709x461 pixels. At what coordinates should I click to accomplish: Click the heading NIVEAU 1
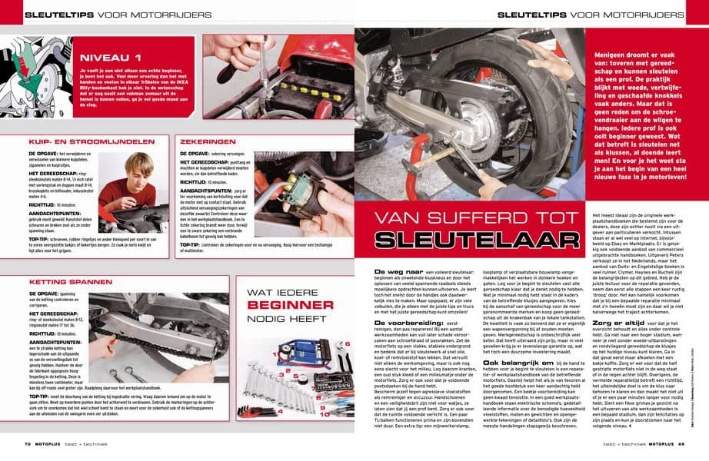pyautogui.click(x=112, y=57)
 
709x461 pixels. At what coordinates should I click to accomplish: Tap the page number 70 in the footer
pyautogui.click(x=27, y=443)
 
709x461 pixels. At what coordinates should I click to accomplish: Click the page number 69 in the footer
pyautogui.click(x=681, y=443)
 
